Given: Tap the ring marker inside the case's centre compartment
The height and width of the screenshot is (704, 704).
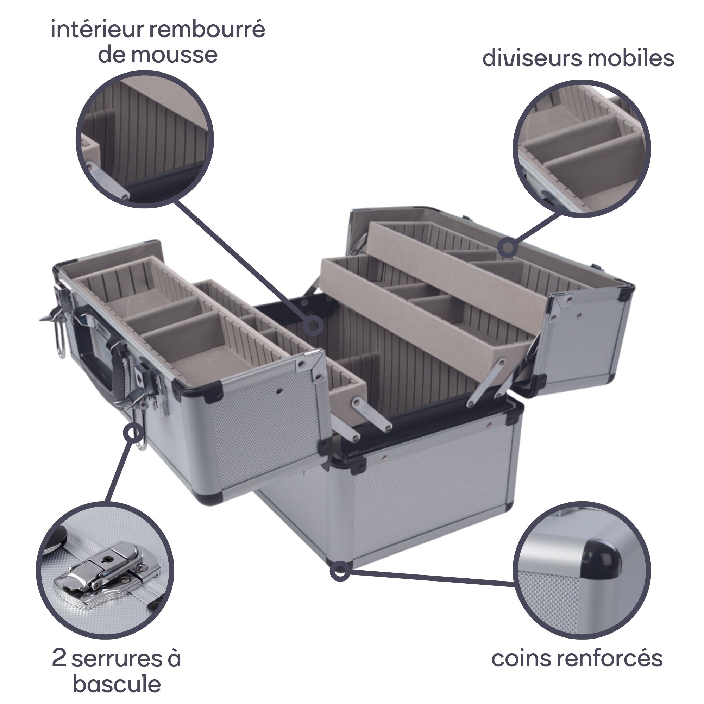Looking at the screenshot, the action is (x=313, y=326).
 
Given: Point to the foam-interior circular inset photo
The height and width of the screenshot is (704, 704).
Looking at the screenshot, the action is (x=145, y=139).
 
